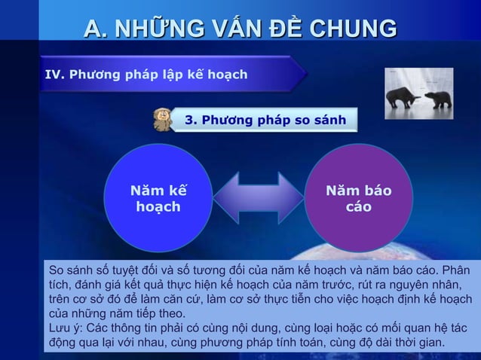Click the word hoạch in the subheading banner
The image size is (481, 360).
coord(223,75)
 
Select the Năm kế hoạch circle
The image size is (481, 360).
coord(158,197)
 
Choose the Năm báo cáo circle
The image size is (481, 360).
coord(358,197)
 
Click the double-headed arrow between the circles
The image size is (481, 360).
coord(258,198)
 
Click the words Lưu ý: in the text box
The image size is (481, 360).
coord(66,328)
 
